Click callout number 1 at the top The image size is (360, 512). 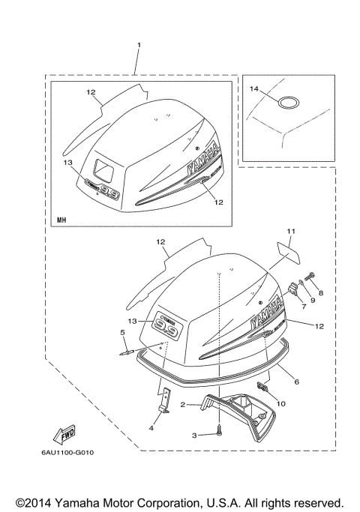tap(138, 46)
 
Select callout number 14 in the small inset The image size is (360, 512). tap(254, 90)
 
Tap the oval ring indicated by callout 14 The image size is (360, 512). tap(289, 102)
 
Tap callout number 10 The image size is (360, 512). tap(281, 403)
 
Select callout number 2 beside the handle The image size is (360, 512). tap(182, 405)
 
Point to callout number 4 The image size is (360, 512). tap(152, 427)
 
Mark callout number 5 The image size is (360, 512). tap(123, 331)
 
